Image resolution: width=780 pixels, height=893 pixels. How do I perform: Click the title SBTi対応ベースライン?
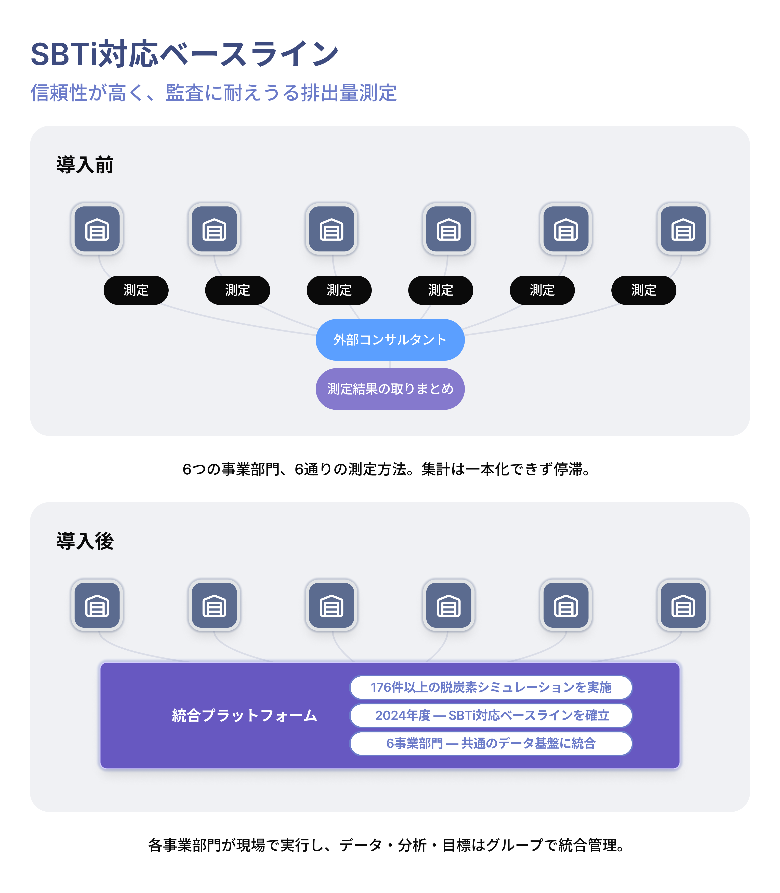coord(185,54)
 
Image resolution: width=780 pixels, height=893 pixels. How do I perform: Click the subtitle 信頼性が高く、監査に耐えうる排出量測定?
coord(213,93)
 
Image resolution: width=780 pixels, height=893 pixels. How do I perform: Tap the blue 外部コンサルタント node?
coord(390,340)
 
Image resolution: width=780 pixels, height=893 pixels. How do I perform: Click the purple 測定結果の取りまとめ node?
coord(390,389)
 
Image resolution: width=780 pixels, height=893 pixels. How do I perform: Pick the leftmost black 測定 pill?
coord(136,290)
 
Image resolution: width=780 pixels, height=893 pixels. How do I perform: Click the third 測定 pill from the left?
coord(339,290)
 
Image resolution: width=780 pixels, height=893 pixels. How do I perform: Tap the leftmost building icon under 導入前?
coord(97,229)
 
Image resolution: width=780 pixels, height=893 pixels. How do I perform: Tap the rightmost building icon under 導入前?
coord(683,229)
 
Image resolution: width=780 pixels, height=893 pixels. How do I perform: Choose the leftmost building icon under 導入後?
coord(97,605)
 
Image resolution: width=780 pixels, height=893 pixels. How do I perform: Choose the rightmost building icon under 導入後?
coord(683,605)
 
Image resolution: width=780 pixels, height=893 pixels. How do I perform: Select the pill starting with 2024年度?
coord(491,716)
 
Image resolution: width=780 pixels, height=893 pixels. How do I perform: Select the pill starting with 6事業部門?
coord(491,743)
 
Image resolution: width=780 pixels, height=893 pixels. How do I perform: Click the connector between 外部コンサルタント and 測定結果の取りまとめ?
coord(390,365)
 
